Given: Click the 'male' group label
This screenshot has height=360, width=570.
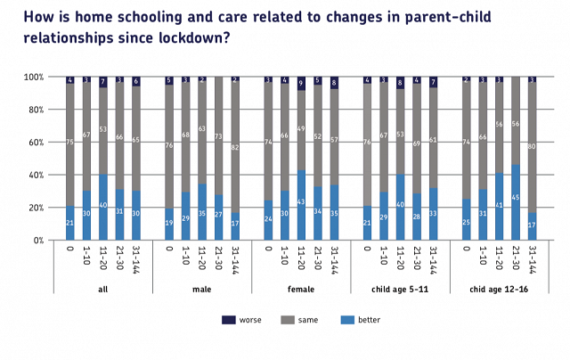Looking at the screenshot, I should [202, 288].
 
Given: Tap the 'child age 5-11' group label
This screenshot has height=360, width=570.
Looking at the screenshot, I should [401, 288].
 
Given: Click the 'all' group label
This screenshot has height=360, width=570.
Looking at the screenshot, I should [102, 288].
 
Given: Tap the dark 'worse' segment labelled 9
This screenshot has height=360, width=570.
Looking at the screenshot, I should [302, 84].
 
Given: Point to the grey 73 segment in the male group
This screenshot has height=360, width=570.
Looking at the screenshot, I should [218, 136].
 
